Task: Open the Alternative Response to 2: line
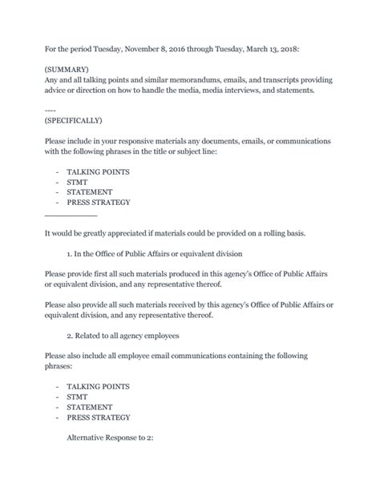click(x=110, y=439)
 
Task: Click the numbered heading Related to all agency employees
click(x=125, y=335)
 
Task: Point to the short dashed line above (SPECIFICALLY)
click(x=51, y=111)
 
